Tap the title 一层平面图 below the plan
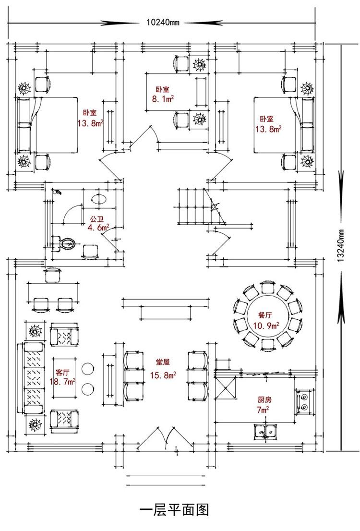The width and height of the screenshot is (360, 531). (x=174, y=509)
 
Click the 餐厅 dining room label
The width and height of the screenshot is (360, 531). (x=265, y=315)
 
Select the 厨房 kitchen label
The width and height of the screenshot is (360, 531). (x=265, y=399)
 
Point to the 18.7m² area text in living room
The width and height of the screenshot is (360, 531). (x=63, y=382)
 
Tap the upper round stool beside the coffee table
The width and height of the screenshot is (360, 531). (x=87, y=369)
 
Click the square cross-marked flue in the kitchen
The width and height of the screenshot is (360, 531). (x=225, y=387)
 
